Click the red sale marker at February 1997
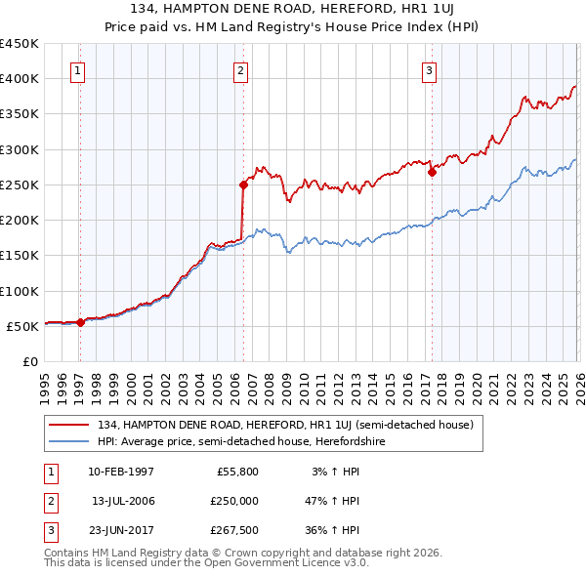click(80, 322)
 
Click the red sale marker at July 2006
click(243, 184)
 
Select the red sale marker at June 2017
click(431, 172)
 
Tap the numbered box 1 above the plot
click(77, 69)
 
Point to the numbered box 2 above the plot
click(240, 69)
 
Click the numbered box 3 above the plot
click(428, 69)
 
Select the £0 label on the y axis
click(29, 361)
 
